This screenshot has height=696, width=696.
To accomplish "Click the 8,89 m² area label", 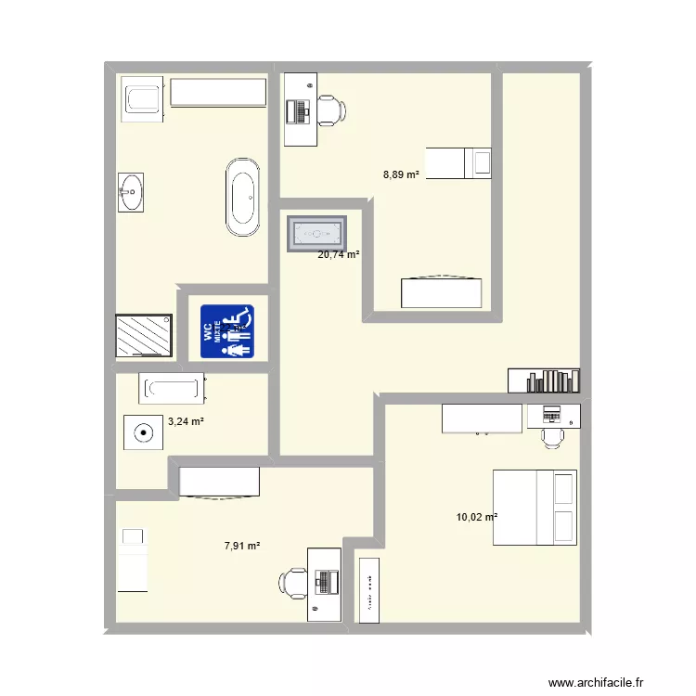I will point(401,174).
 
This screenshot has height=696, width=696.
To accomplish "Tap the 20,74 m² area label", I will point(339,254).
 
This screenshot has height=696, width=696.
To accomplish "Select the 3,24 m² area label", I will point(186,421).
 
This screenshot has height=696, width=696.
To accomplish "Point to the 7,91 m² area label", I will point(241,547).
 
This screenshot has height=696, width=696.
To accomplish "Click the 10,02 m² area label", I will point(477,518).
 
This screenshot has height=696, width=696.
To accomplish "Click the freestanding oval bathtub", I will point(243,196).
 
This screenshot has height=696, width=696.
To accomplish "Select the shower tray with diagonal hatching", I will point(144,336).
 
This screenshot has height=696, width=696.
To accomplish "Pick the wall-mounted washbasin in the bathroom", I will point(130,194).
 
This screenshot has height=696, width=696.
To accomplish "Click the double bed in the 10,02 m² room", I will point(534,507).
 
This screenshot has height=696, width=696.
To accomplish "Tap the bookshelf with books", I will point(544,380).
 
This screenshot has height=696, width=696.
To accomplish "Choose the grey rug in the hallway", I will point(316,234).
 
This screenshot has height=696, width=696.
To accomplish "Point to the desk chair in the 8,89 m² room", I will point(331,110).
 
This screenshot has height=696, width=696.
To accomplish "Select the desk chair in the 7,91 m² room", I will point(294,584).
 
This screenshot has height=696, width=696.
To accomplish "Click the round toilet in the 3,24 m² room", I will point(143,432).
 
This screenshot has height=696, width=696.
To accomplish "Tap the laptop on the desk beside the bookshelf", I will point(552,413).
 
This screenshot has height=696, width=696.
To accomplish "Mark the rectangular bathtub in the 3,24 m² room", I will point(172,388).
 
